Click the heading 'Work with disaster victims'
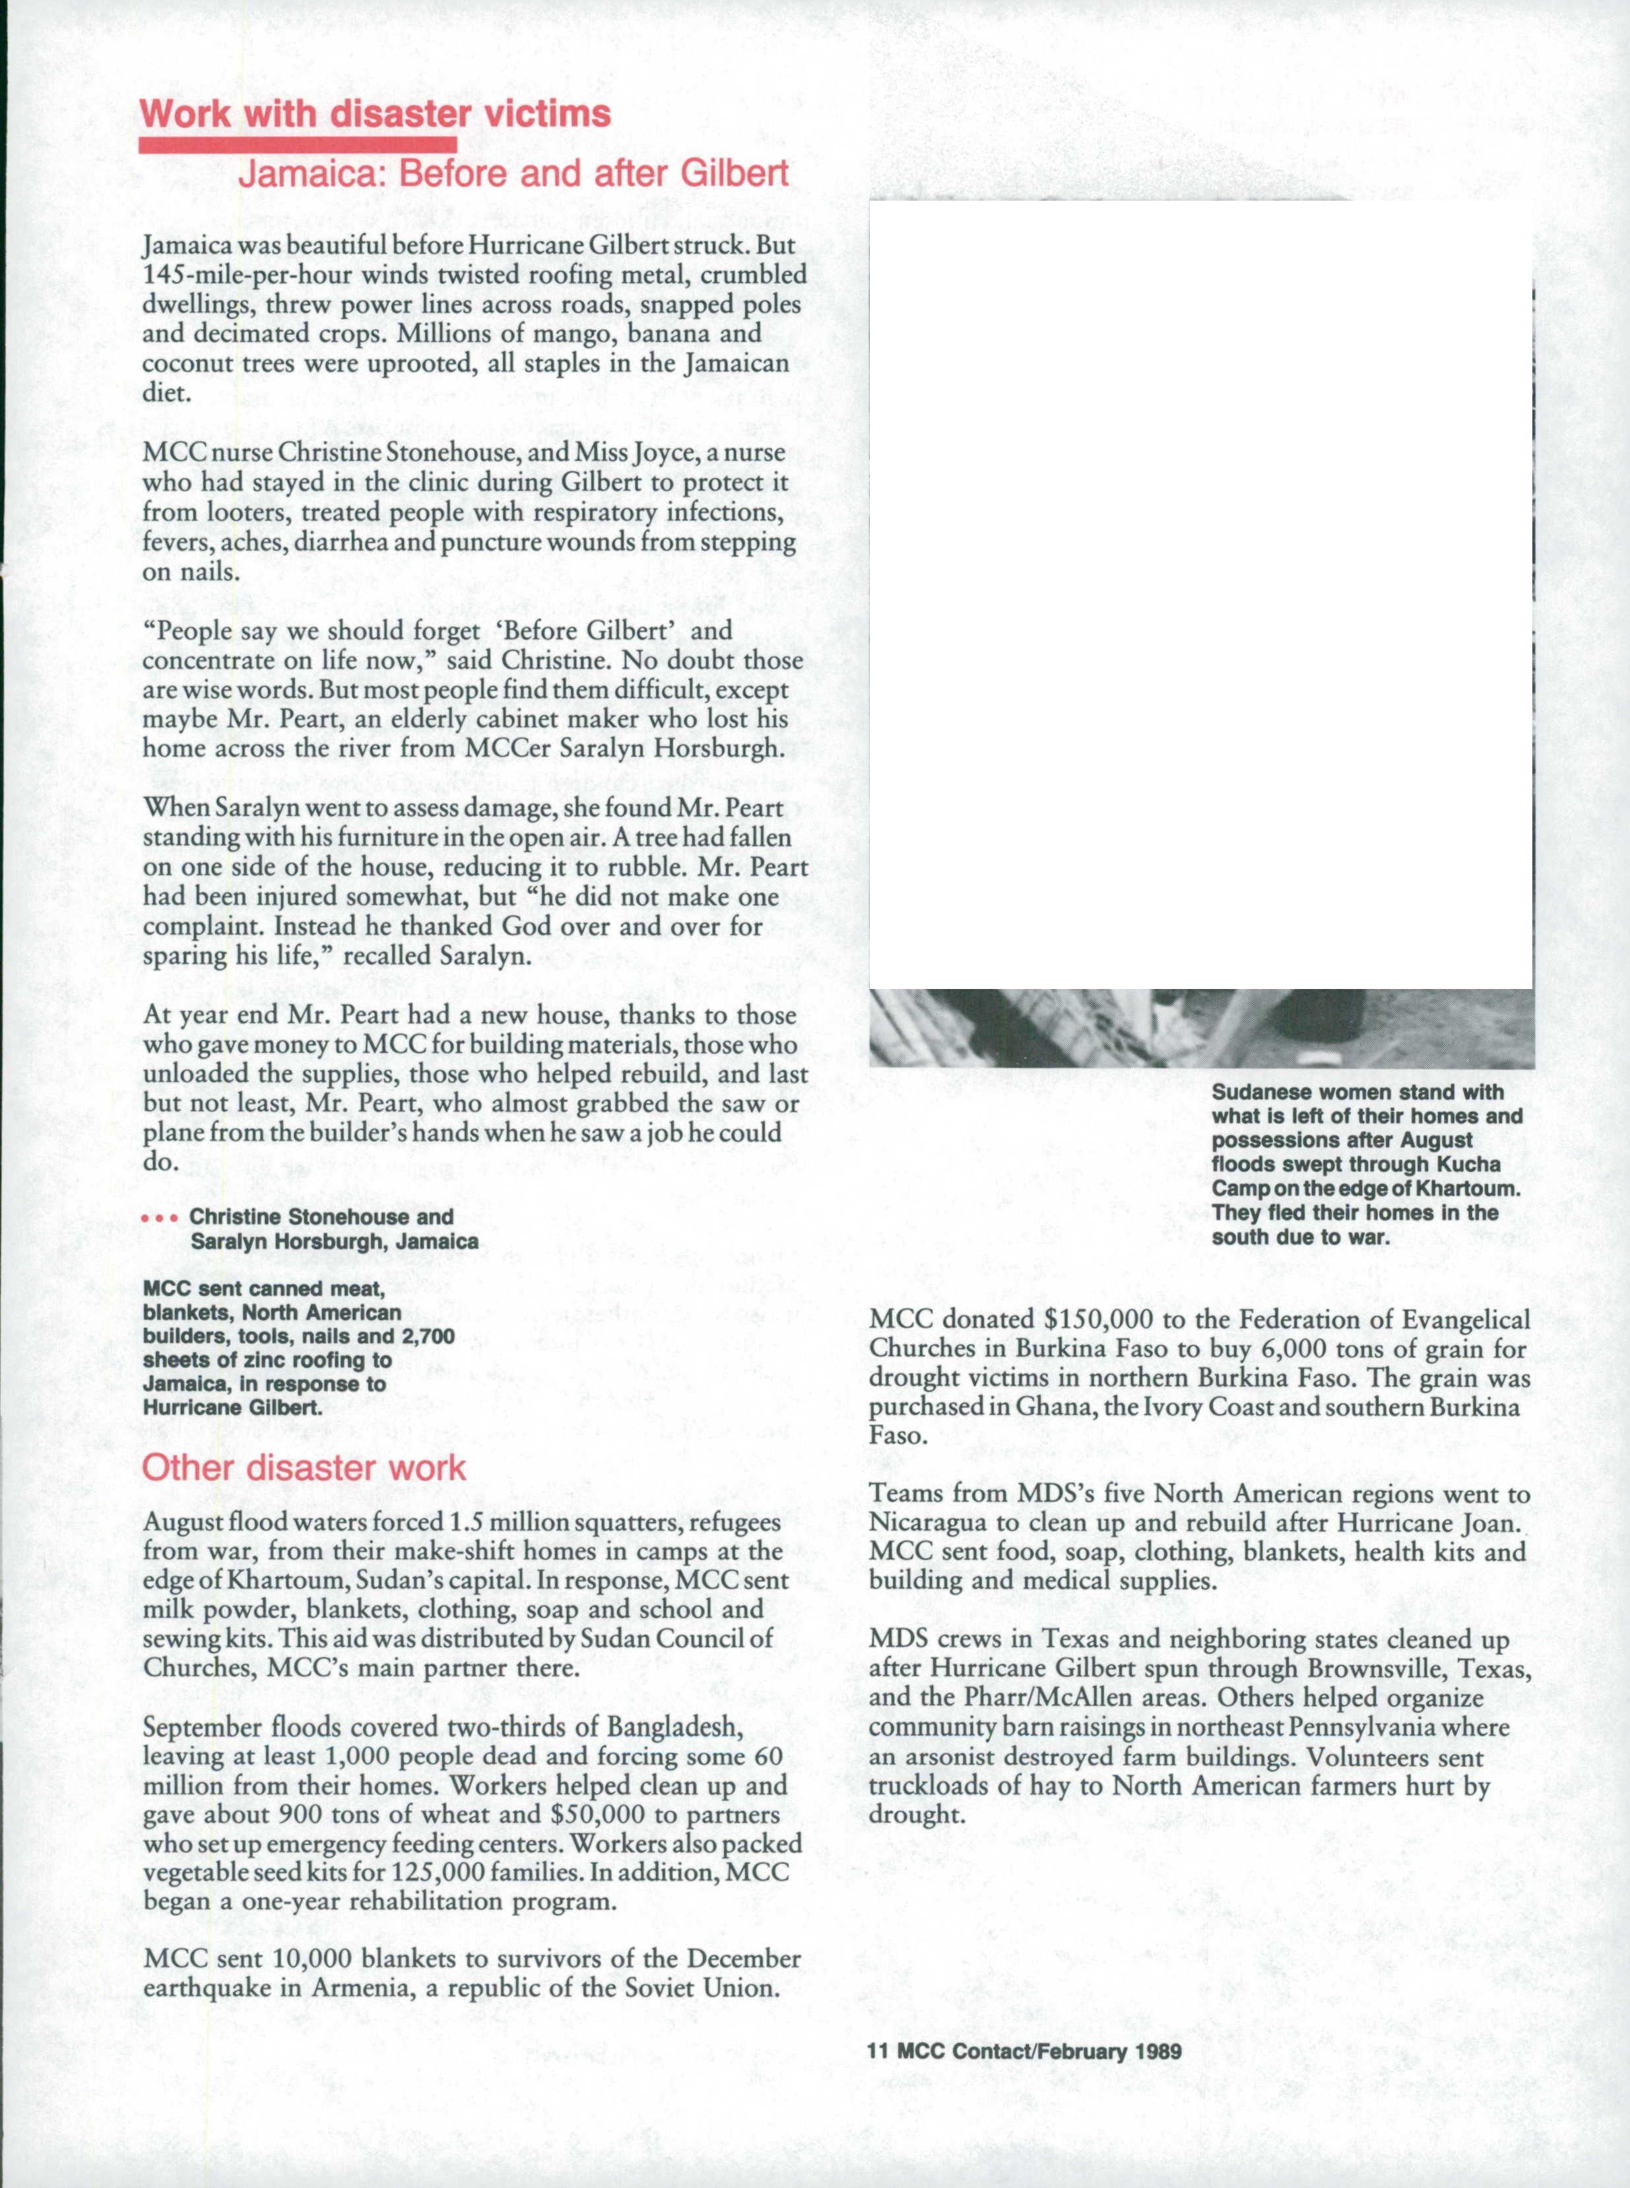click(375, 114)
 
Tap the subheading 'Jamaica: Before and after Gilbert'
click(513, 174)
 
